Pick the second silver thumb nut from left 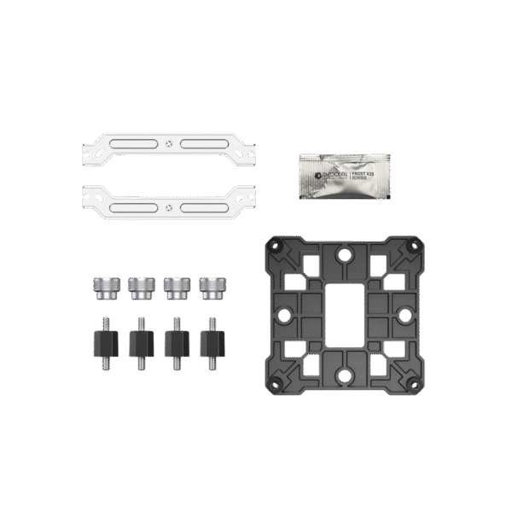click(138, 288)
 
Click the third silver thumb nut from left click(174, 288)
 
